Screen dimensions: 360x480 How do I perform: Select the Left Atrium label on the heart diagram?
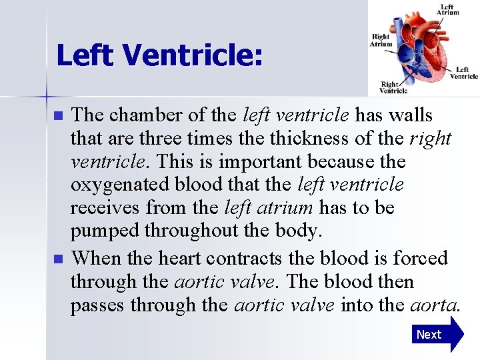pos(448,9)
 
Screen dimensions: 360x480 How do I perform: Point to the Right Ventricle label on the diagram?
pos(393,87)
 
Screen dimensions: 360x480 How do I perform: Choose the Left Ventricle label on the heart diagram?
pos(463,73)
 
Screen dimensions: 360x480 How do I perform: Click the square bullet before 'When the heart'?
pos(59,258)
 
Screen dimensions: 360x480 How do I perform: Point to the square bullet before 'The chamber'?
pos(59,115)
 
